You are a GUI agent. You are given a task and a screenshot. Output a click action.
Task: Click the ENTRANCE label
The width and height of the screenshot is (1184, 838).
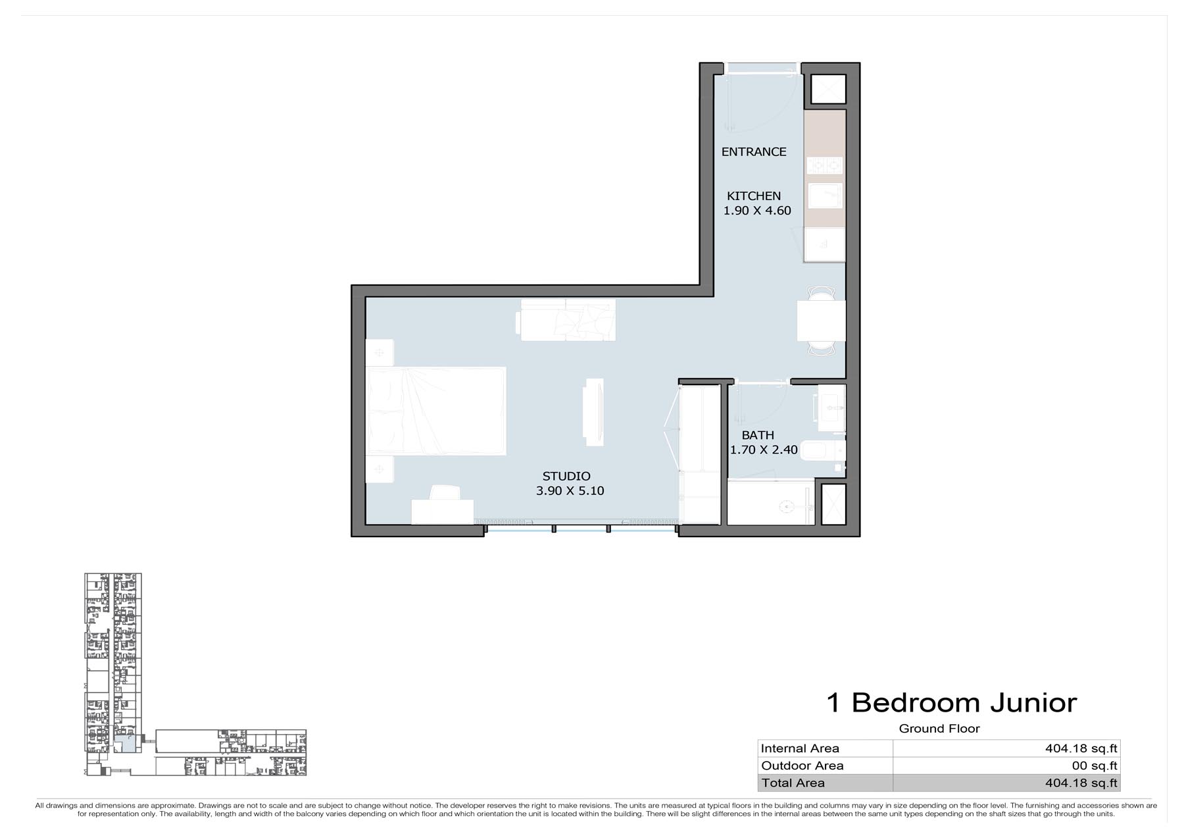[754, 152]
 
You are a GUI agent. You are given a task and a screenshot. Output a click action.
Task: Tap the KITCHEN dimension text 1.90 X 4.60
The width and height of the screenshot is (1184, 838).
[757, 211]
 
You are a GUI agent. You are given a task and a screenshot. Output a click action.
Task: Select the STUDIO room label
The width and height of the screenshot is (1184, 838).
[566, 476]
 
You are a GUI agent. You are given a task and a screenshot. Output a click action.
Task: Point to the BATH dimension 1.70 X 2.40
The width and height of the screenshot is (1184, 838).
[764, 450]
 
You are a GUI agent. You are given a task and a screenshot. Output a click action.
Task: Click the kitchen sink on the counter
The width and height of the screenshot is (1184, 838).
[825, 196]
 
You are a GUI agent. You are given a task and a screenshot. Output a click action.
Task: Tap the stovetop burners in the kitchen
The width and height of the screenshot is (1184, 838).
[825, 165]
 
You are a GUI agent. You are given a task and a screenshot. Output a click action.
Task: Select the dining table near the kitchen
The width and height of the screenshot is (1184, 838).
[821, 321]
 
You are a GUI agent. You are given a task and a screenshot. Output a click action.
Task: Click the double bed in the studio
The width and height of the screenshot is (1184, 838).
[436, 411]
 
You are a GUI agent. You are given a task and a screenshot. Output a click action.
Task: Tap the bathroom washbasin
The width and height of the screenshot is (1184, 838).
[831, 408]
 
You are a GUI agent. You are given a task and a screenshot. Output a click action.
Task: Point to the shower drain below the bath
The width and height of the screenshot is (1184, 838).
[785, 507]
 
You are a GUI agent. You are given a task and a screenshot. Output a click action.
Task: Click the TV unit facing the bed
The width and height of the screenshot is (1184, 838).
[594, 411]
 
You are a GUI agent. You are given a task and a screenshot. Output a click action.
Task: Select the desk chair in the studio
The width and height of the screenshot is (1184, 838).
[445, 492]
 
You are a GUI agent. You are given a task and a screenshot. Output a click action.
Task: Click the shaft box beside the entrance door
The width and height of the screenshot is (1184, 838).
[828, 89]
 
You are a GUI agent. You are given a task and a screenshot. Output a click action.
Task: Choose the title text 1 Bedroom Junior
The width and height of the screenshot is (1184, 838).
[951, 703]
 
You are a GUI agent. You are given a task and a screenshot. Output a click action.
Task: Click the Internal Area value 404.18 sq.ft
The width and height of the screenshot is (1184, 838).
[1081, 748]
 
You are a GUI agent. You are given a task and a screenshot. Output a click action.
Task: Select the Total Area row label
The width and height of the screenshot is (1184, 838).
[793, 783]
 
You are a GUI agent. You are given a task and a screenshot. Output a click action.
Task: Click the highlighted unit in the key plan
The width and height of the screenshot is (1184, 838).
[125, 744]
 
